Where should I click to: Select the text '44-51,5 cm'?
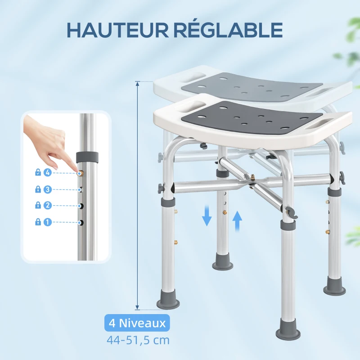click(x=138, y=340)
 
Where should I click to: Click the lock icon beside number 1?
click(x=38, y=222)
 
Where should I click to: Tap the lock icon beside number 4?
click(x=38, y=172)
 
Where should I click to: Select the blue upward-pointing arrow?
click(x=238, y=220)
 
